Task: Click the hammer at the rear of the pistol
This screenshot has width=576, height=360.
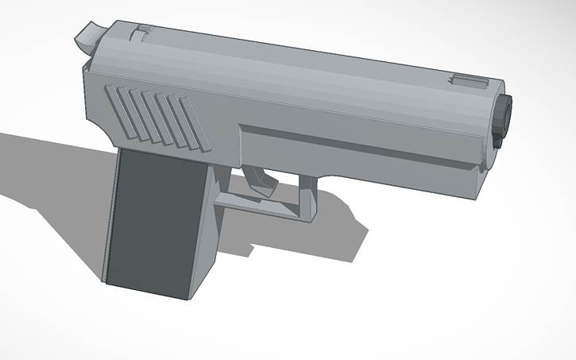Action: pos(89,35)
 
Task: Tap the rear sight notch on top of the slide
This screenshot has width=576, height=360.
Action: pos(141,32)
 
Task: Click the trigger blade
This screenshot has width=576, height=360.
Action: pos(259,180)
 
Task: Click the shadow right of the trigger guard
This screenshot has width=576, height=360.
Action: pos(342,230)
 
